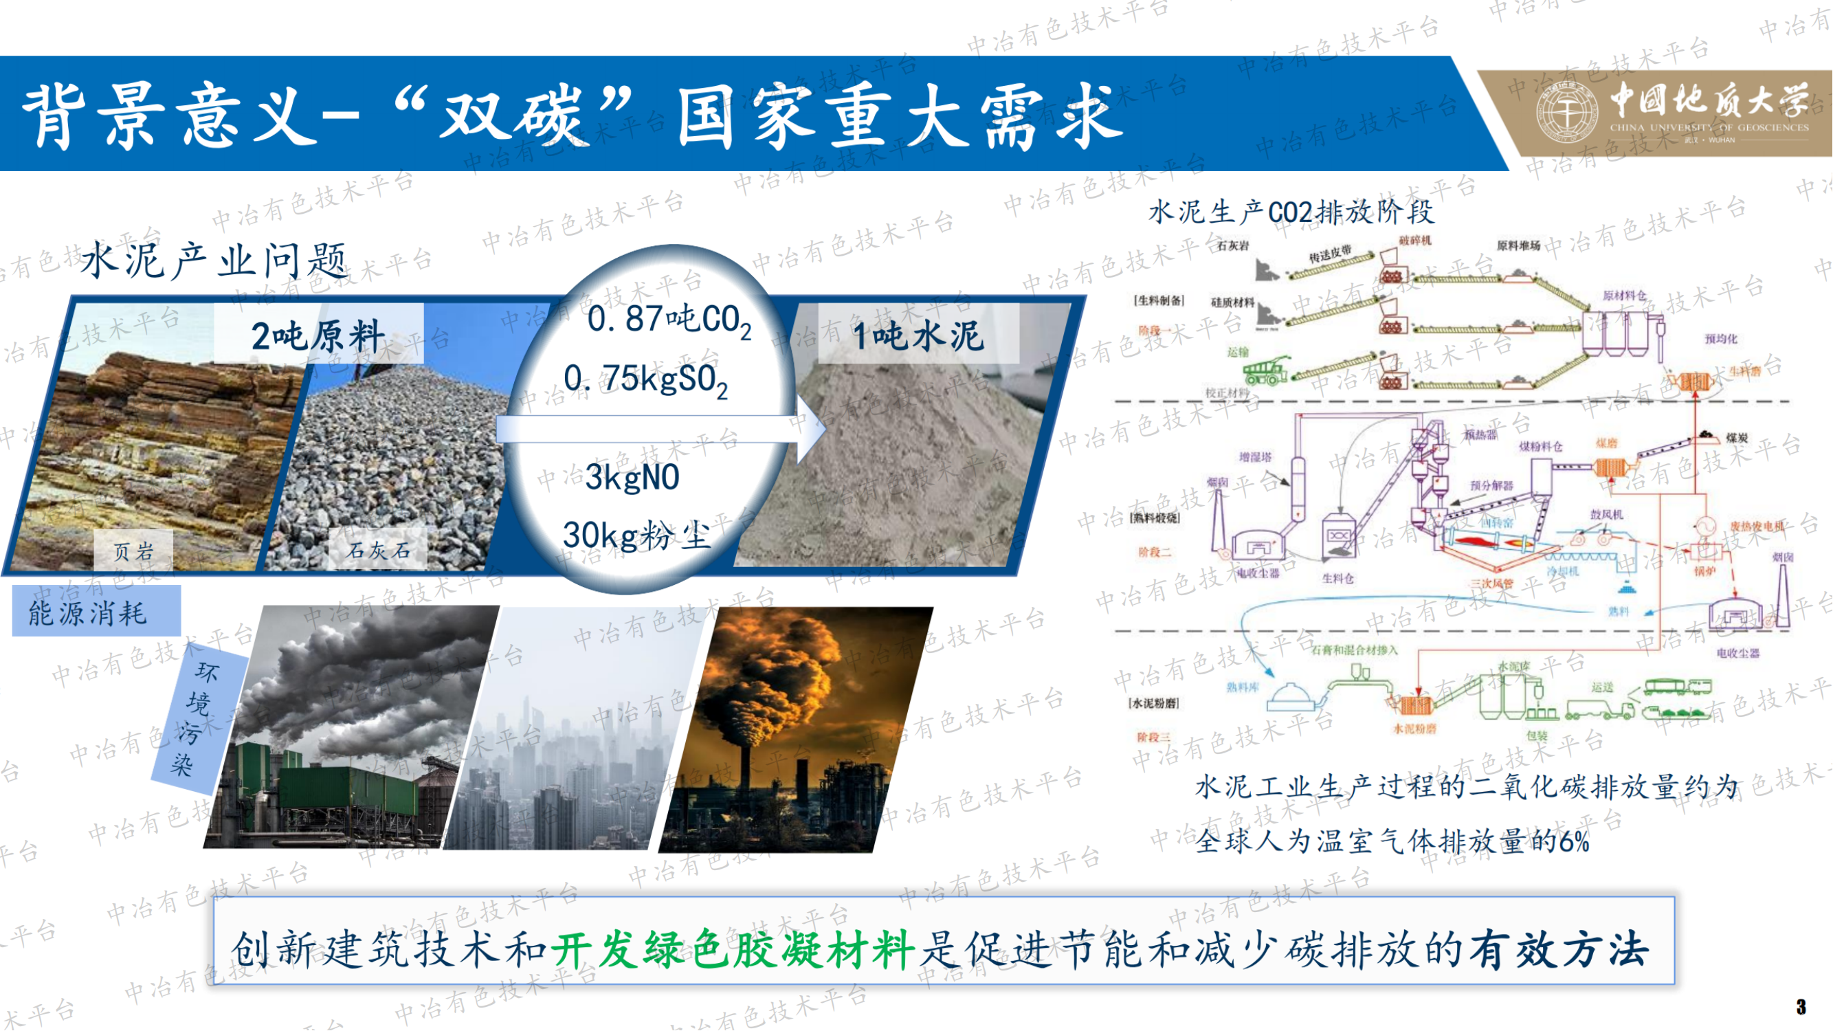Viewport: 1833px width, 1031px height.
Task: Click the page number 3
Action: click(x=1800, y=1006)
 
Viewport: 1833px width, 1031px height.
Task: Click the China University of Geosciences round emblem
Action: click(x=1568, y=113)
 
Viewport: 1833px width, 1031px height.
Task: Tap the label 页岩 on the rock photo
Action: click(x=133, y=551)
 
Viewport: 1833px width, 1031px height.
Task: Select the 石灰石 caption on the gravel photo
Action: click(x=378, y=550)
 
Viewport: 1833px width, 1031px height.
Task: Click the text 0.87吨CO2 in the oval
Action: click(x=669, y=320)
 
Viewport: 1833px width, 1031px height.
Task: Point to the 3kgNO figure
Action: click(x=632, y=478)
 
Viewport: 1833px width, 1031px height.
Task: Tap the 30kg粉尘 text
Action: click(x=637, y=535)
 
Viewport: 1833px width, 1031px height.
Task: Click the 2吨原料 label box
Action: click(x=318, y=335)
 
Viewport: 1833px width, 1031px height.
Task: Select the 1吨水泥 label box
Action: click(x=918, y=335)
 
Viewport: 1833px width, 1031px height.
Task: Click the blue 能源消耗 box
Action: click(x=96, y=611)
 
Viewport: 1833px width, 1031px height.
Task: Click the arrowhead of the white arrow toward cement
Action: click(x=811, y=428)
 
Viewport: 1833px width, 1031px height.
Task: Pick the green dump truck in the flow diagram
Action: click(x=1265, y=372)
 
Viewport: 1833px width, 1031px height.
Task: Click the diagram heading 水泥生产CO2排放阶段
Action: click(x=1291, y=212)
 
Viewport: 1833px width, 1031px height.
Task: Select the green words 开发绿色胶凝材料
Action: click(x=733, y=949)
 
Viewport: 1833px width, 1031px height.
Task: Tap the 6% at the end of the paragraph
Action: click(x=1574, y=843)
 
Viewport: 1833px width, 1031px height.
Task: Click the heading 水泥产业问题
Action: click(x=214, y=260)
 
